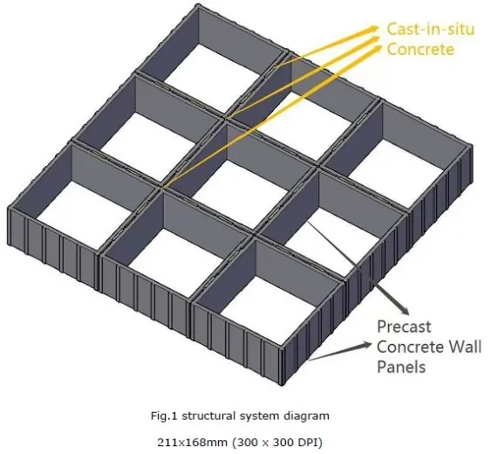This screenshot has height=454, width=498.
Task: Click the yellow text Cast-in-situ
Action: (x=430, y=29)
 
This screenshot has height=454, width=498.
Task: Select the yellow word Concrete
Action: (x=420, y=49)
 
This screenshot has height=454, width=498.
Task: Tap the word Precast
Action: (x=404, y=327)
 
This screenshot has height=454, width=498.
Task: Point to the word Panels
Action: (x=401, y=367)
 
